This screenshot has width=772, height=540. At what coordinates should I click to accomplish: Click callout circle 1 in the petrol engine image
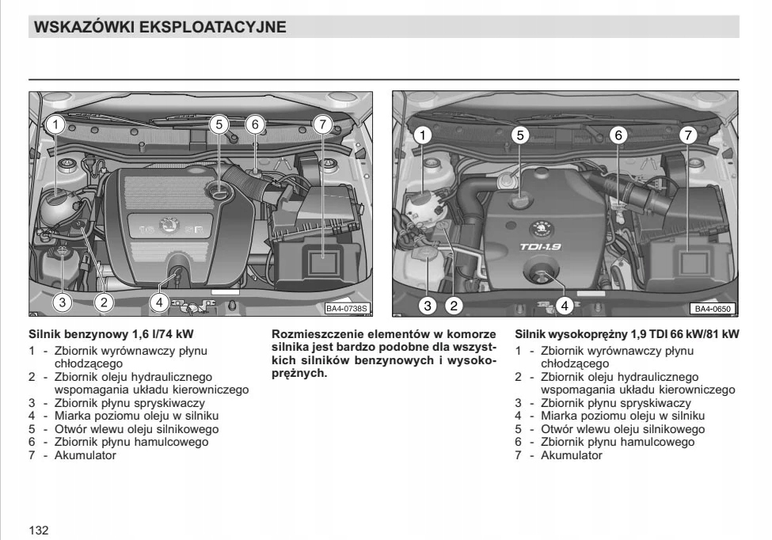pyautogui.click(x=55, y=124)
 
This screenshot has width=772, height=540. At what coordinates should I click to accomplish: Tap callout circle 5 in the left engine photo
pyautogui.click(x=219, y=124)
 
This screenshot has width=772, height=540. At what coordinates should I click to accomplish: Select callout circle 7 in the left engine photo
pyautogui.click(x=321, y=124)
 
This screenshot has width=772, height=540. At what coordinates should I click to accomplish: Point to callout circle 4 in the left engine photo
pyautogui.click(x=159, y=302)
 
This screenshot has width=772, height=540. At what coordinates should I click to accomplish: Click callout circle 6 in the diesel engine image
pyautogui.click(x=619, y=135)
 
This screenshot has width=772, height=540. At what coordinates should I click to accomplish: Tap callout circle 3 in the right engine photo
pyautogui.click(x=428, y=305)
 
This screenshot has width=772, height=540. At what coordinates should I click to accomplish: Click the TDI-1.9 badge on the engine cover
pyautogui.click(x=540, y=247)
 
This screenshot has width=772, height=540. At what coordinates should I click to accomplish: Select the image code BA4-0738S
pyautogui.click(x=348, y=309)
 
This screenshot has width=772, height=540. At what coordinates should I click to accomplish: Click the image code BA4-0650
pyautogui.click(x=713, y=309)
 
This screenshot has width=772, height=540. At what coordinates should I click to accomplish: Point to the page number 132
pyautogui.click(x=39, y=530)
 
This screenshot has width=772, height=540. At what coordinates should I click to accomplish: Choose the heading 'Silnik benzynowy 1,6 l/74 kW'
pyautogui.click(x=112, y=334)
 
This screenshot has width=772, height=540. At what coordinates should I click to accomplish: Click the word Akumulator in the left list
pyautogui.click(x=85, y=455)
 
